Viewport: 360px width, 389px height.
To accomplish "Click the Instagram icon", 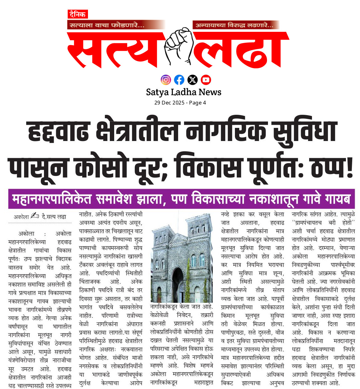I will pos(166,80).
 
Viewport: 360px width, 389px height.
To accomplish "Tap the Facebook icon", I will pos(179,80).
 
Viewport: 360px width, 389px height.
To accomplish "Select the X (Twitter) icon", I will pos(192,80).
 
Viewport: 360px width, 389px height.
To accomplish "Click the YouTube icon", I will pos(206,80).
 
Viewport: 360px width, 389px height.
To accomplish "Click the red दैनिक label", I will pos(78,14).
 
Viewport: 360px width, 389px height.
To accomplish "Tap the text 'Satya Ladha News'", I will pos(183,92).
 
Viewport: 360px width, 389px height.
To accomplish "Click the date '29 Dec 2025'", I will pos(169,103).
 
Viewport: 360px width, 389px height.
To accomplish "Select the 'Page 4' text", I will pos(197,103).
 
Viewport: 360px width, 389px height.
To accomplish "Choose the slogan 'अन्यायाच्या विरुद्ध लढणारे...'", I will pos(234,25).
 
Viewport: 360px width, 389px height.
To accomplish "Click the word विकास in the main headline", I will pos(208,168).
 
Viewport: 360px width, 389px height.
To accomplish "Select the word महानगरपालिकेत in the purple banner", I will pos(52,199).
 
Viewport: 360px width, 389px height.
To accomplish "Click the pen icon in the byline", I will pos(35,216).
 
